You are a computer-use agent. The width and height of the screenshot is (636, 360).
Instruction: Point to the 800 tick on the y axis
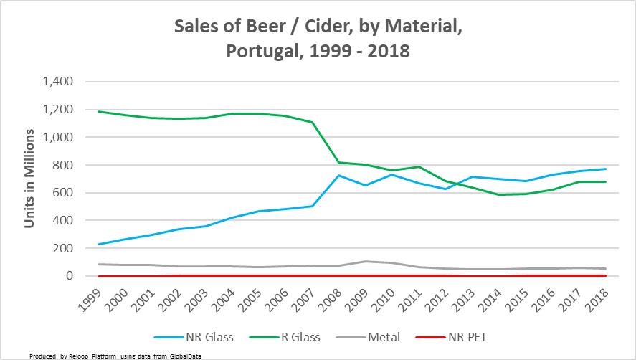(63, 165)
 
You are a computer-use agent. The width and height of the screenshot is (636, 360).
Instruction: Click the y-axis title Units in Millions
(30, 179)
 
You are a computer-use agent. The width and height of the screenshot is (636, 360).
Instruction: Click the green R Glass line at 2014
(499, 194)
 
